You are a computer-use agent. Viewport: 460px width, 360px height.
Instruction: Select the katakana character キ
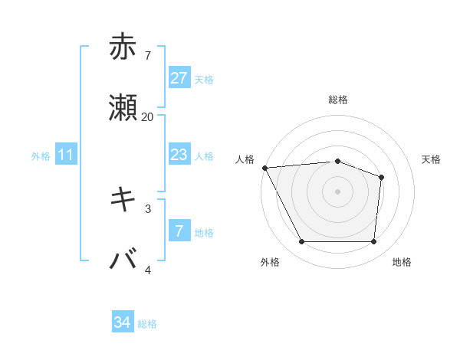(x=123, y=198)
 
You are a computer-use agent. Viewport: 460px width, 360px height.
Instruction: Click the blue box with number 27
(x=179, y=78)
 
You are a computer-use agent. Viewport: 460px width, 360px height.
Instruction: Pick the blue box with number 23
(x=179, y=155)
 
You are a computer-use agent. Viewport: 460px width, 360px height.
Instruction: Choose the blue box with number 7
(x=179, y=231)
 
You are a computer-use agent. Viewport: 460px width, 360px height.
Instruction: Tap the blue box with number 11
(x=66, y=155)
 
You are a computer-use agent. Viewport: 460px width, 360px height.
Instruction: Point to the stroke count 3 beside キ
(x=147, y=208)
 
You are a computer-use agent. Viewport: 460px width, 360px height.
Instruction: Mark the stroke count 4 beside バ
(x=147, y=269)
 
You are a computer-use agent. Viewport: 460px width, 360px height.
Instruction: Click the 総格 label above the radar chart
(x=338, y=100)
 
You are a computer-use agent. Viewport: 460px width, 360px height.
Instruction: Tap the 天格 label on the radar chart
(x=432, y=159)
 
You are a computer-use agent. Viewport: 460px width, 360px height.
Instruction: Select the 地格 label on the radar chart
(x=402, y=262)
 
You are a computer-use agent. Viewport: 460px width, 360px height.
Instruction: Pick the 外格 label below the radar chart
(x=270, y=262)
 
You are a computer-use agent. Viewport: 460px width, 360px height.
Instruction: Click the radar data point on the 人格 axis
(x=264, y=168)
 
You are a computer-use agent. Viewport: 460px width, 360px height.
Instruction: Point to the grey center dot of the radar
(x=338, y=191)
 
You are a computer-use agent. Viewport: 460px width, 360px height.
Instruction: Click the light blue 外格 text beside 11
(x=41, y=155)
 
